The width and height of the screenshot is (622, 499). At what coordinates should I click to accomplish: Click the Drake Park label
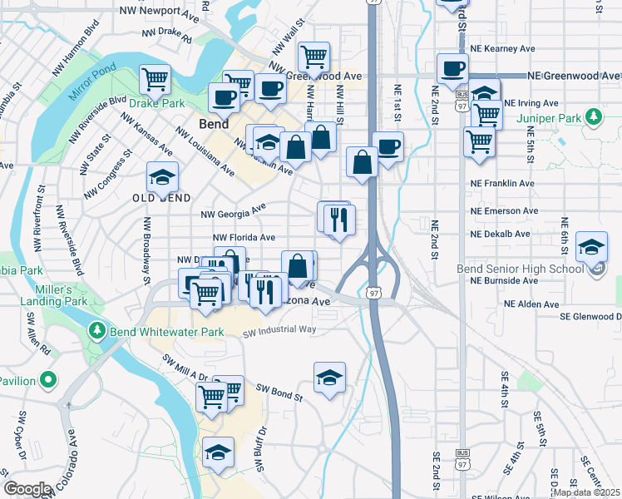click(155, 103)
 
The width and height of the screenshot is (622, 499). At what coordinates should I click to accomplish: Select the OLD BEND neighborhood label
click(162, 198)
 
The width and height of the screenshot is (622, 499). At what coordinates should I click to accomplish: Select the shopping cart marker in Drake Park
click(155, 79)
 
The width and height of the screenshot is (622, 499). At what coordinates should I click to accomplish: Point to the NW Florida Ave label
click(244, 237)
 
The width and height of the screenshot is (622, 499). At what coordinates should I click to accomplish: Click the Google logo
click(27, 489)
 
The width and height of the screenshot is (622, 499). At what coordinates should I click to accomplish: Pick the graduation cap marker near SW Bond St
click(329, 378)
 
